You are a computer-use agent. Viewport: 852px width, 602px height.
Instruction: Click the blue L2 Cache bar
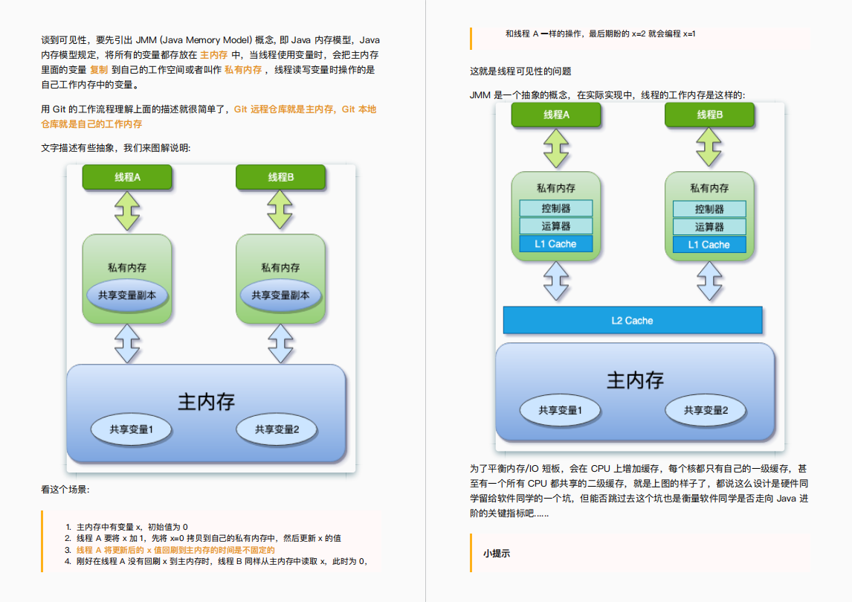click(x=633, y=320)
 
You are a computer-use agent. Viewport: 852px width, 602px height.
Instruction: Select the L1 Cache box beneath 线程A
click(x=556, y=244)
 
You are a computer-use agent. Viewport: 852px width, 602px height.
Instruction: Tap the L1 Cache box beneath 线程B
click(x=709, y=245)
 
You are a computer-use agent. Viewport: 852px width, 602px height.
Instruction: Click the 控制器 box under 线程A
click(x=556, y=208)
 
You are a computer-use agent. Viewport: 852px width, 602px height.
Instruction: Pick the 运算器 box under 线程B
click(x=709, y=226)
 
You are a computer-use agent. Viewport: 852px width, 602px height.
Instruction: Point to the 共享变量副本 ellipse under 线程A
click(x=127, y=295)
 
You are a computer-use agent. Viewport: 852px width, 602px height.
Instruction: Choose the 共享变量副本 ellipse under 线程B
click(x=280, y=295)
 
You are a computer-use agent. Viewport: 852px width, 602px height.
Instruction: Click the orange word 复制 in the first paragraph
click(x=99, y=69)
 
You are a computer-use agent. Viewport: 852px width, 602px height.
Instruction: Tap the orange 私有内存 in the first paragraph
click(x=243, y=69)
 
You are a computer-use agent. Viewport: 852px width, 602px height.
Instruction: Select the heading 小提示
click(x=496, y=553)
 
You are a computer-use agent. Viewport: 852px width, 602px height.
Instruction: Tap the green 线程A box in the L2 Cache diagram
click(x=556, y=115)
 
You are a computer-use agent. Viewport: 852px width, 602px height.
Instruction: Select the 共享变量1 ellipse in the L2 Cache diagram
click(x=560, y=410)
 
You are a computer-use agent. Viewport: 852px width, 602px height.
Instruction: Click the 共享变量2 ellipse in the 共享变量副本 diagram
click(x=277, y=429)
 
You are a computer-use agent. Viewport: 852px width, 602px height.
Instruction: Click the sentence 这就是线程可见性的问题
click(x=520, y=71)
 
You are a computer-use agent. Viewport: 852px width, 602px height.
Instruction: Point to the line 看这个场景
click(x=65, y=490)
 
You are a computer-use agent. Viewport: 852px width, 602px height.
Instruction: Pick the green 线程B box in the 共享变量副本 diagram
click(x=280, y=177)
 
